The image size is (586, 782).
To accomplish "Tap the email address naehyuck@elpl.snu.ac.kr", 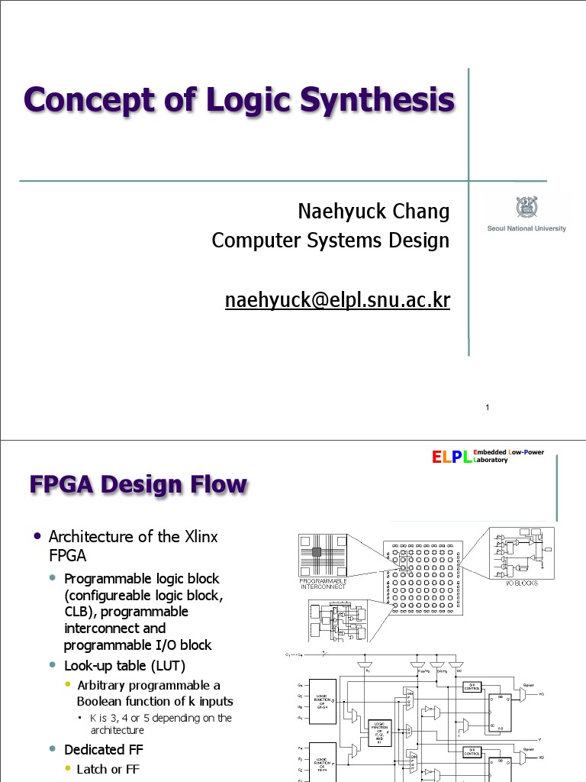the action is [337, 300].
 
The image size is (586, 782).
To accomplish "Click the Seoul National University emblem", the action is [526, 207].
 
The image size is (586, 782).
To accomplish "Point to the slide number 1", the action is [486, 409].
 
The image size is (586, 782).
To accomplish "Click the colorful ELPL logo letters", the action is [452, 457].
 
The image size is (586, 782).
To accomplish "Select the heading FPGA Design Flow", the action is [138, 485].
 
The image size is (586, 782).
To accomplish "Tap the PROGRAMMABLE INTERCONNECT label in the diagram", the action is [324, 583].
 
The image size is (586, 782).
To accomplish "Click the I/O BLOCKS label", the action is [523, 583].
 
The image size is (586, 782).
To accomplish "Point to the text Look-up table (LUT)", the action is [125, 666].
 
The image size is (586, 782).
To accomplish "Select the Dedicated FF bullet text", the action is [104, 749].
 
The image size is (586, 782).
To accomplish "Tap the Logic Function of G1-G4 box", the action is [322, 700].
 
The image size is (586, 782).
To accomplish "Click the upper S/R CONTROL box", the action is [472, 687].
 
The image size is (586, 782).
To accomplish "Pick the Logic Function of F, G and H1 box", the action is [379, 735].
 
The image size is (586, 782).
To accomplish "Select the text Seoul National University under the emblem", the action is [526, 228].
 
